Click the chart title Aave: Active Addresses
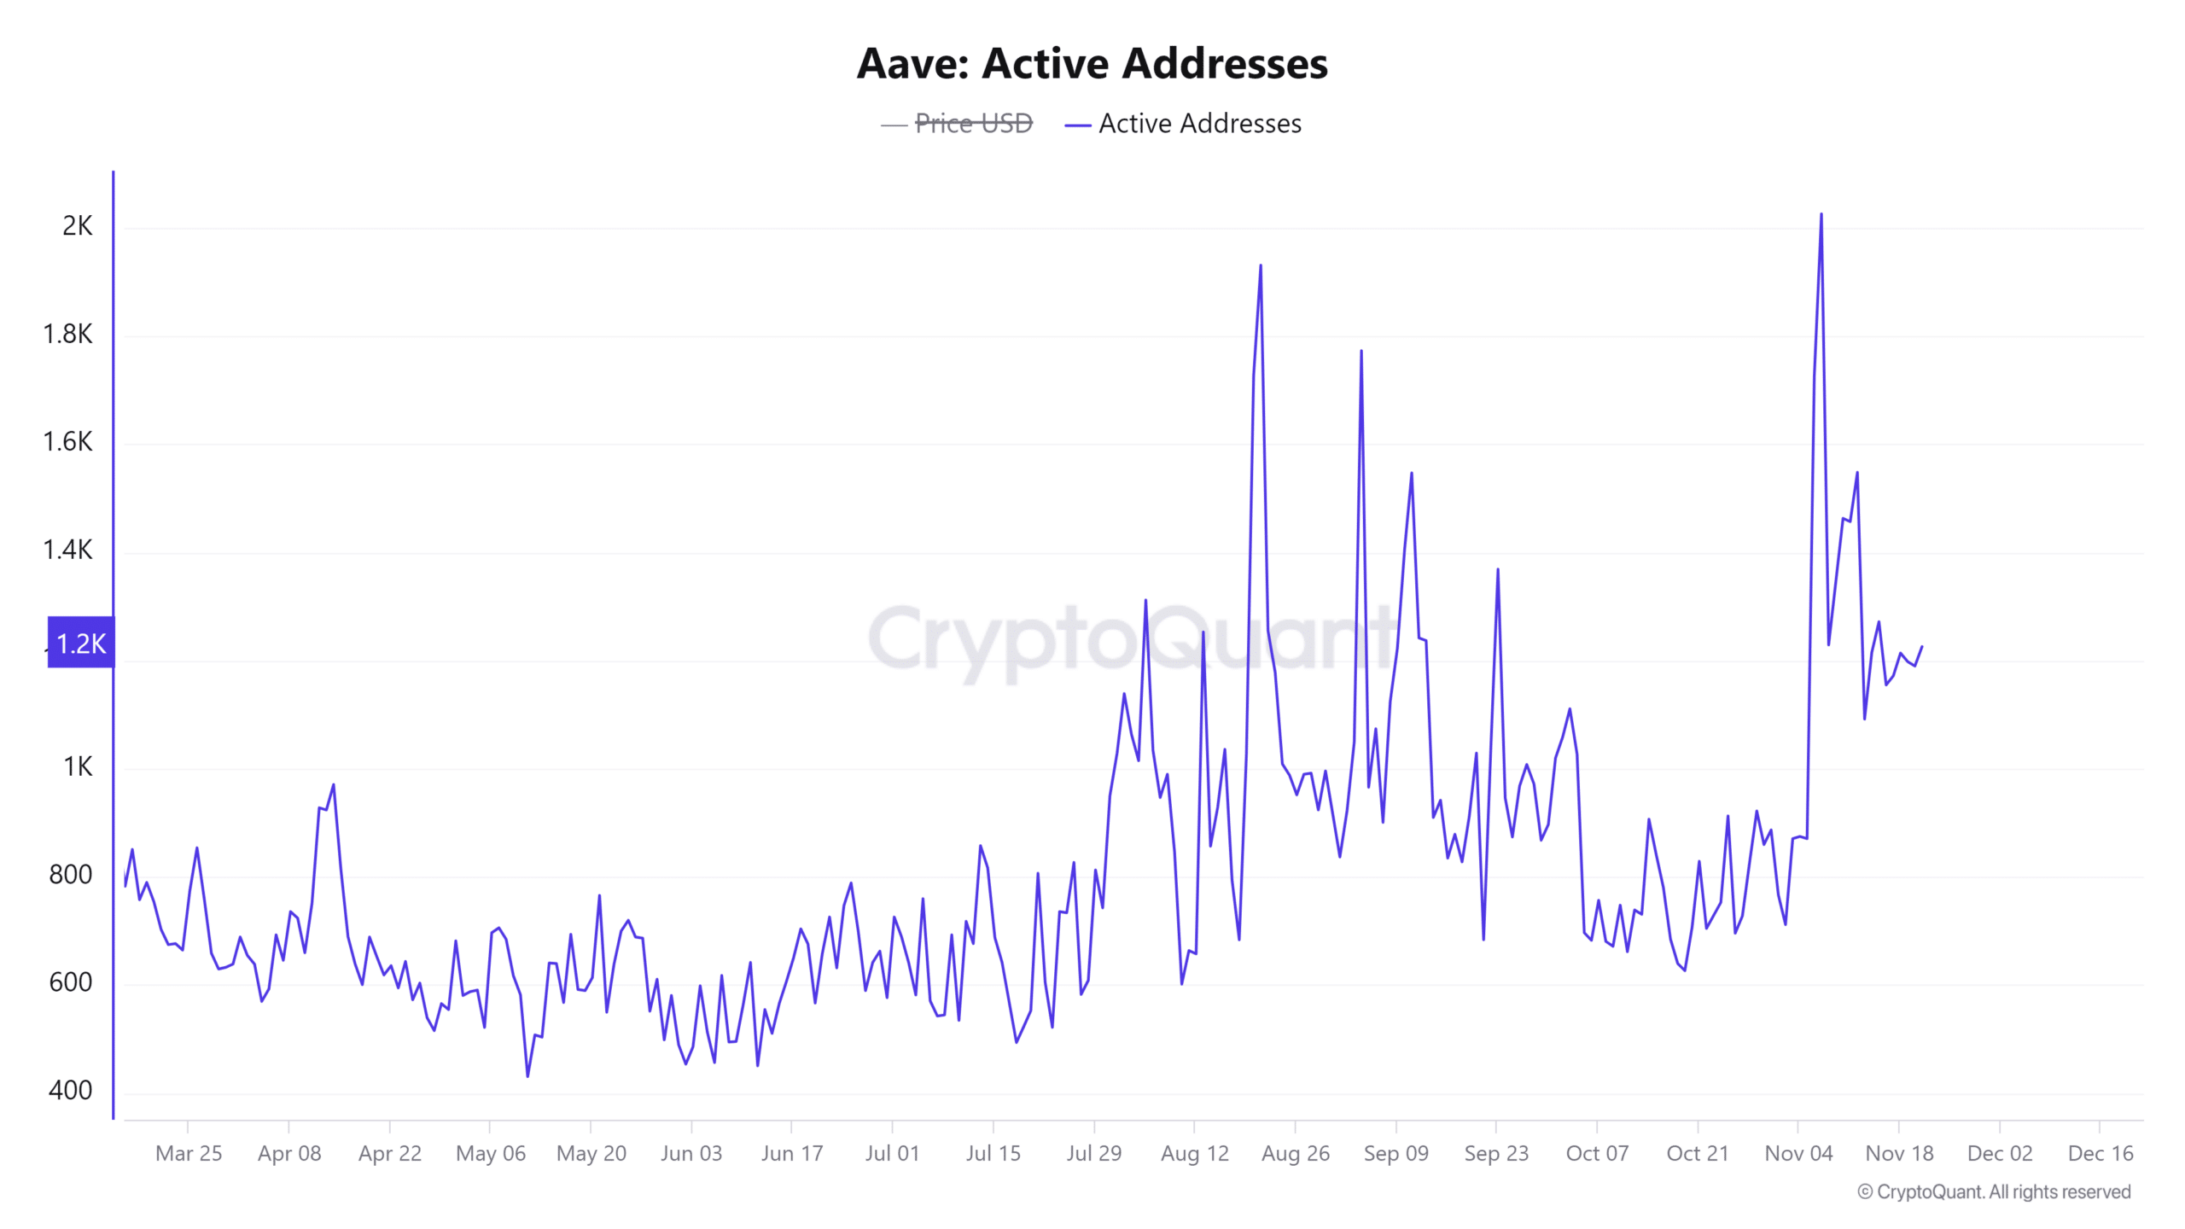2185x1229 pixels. pyautogui.click(x=1092, y=64)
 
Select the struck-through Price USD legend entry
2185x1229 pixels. pyautogui.click(x=973, y=124)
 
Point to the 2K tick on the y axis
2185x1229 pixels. pyautogui.click(x=77, y=226)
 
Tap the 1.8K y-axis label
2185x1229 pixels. pyautogui.click(x=67, y=334)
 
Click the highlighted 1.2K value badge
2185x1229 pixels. pyautogui.click(x=81, y=643)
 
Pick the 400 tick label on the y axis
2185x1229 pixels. pyautogui.click(x=70, y=1090)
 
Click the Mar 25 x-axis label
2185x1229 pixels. pyautogui.click(x=189, y=1153)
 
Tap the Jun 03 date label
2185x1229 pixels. pyautogui.click(x=691, y=1153)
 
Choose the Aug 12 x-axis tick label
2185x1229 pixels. pyautogui.click(x=1194, y=1153)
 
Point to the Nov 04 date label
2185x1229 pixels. pyautogui.click(x=1798, y=1153)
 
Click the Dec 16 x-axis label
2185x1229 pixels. pyautogui.click(x=2101, y=1153)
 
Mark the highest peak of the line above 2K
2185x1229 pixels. pyautogui.click(x=1821, y=214)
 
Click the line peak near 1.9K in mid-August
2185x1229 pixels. pyautogui.click(x=1261, y=265)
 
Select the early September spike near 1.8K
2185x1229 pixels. pyautogui.click(x=1361, y=351)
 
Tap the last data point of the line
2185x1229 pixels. pyautogui.click(x=1922, y=646)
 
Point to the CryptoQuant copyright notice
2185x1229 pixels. pyautogui.click(x=1994, y=1191)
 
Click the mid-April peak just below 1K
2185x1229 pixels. pyautogui.click(x=334, y=784)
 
